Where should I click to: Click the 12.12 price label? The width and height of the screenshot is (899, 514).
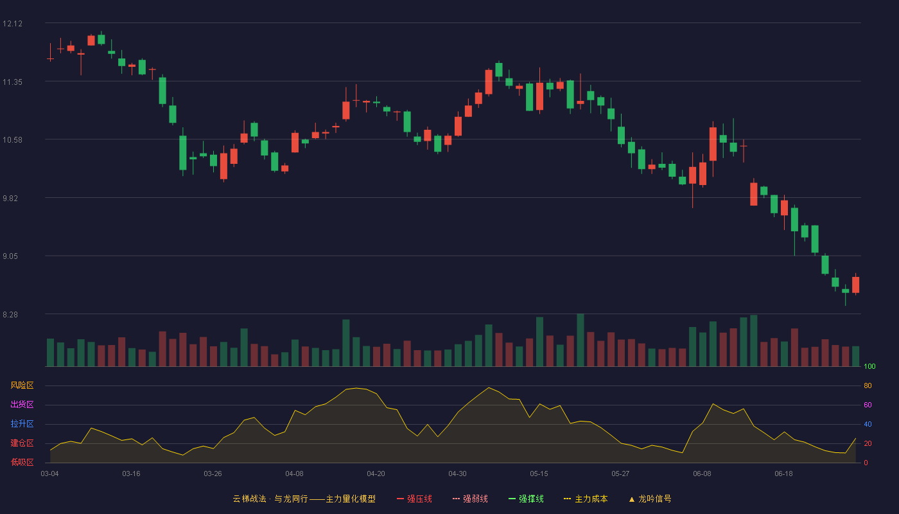coord(12,24)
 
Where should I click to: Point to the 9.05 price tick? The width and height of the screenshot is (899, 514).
coord(10,256)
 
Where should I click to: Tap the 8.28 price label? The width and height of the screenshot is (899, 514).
coord(10,315)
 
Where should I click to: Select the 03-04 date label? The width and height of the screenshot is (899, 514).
coord(50,474)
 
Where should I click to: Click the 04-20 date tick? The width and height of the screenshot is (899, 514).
coord(376,474)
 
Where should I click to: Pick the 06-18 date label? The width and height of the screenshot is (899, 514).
coord(783,474)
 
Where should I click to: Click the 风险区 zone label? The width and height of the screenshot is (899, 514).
coord(22,385)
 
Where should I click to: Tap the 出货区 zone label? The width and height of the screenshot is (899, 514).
coord(22,404)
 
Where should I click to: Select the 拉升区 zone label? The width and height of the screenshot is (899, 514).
coord(22,423)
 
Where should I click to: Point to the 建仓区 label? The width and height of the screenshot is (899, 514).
coord(22,443)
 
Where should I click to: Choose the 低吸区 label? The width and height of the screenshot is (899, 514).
coord(22,462)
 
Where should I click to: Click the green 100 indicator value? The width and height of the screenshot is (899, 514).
coord(869,366)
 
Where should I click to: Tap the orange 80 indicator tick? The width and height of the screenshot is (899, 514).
coord(868,385)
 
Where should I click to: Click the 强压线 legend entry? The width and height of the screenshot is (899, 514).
coord(414,499)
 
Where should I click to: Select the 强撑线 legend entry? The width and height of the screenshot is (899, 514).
coord(526,499)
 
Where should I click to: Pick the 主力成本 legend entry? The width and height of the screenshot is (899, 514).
coord(586,499)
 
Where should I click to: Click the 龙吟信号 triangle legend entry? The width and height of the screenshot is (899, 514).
coord(650,499)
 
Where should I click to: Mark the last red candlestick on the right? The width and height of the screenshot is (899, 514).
coord(855,285)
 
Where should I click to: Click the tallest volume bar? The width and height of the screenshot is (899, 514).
coord(580,340)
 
